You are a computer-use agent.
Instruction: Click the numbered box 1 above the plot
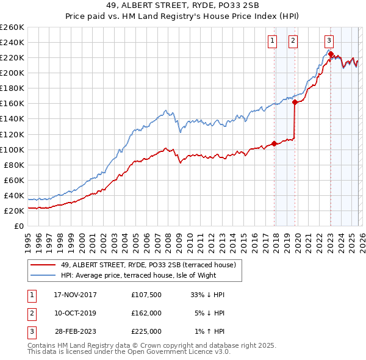pyautogui.click(x=271, y=41)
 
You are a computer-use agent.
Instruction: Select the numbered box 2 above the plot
pyautogui.click(x=293, y=41)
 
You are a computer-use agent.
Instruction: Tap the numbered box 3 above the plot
pyautogui.click(x=329, y=41)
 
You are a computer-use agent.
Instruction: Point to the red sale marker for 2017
pyautogui.click(x=274, y=144)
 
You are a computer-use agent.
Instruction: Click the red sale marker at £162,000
pyautogui.click(x=295, y=103)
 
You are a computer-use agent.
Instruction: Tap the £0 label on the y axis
pyautogui.click(x=18, y=226)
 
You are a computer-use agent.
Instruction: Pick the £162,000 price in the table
pyautogui.click(x=146, y=313)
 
